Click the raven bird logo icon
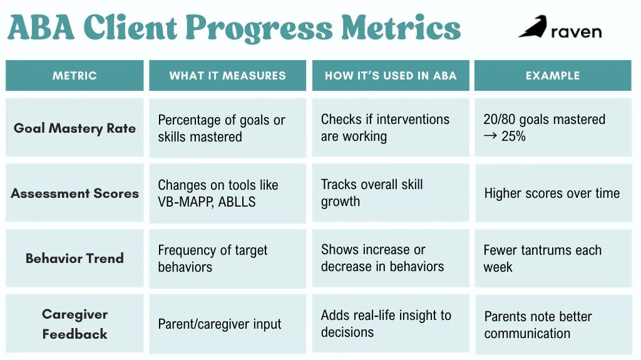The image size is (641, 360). click(x=532, y=27)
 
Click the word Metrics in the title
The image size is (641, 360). click(x=401, y=28)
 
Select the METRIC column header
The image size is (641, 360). click(x=74, y=76)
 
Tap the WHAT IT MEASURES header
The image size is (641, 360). click(x=227, y=76)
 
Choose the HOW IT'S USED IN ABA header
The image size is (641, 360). click(x=391, y=76)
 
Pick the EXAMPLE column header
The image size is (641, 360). click(x=553, y=76)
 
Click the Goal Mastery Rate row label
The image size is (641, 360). click(x=74, y=128)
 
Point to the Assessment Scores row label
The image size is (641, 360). click(x=74, y=193)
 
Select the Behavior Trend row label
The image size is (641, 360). click(x=74, y=258)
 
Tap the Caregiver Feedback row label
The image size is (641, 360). click(x=74, y=324)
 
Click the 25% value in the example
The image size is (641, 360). click(x=513, y=136)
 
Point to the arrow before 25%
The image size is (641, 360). click(x=490, y=136)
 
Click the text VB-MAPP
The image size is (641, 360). click(x=185, y=202)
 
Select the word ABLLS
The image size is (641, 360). click(x=237, y=202)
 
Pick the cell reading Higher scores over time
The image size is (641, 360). click(x=551, y=193)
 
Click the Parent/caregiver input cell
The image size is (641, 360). click(x=220, y=324)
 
